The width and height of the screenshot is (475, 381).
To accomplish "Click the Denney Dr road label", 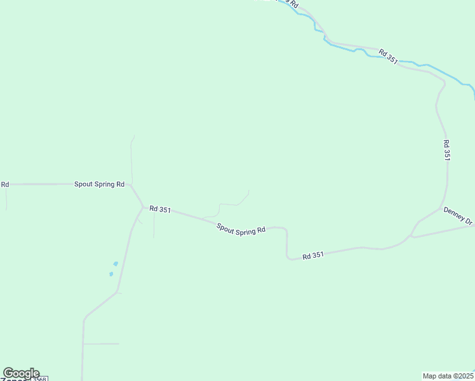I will (458, 216).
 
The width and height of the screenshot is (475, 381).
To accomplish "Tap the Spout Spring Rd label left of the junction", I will (99, 184).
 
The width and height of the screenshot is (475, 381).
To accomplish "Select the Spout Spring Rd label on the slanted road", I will (241, 229).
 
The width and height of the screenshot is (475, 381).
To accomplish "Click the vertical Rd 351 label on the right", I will (446, 150).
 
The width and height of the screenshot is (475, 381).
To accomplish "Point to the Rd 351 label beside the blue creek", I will (388, 57).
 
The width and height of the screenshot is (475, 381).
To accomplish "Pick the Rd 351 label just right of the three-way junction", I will (160, 209).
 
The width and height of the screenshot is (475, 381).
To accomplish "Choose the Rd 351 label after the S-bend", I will (313, 255).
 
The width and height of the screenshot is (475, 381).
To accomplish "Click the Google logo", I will (21, 373).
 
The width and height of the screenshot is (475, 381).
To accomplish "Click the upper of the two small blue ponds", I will (116, 264).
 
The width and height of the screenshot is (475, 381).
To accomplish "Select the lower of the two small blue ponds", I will (111, 274).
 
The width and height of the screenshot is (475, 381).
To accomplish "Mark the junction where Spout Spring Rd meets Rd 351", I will (143, 206).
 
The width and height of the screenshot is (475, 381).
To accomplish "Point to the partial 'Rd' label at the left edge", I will (4, 184).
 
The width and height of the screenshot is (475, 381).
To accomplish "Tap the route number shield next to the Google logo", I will (40, 378).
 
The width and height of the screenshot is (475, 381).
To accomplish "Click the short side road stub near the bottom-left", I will (102, 344).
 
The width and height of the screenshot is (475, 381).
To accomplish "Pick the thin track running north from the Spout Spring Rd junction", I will (131, 159).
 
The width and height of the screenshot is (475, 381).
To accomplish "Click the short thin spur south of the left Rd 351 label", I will (154, 225).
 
